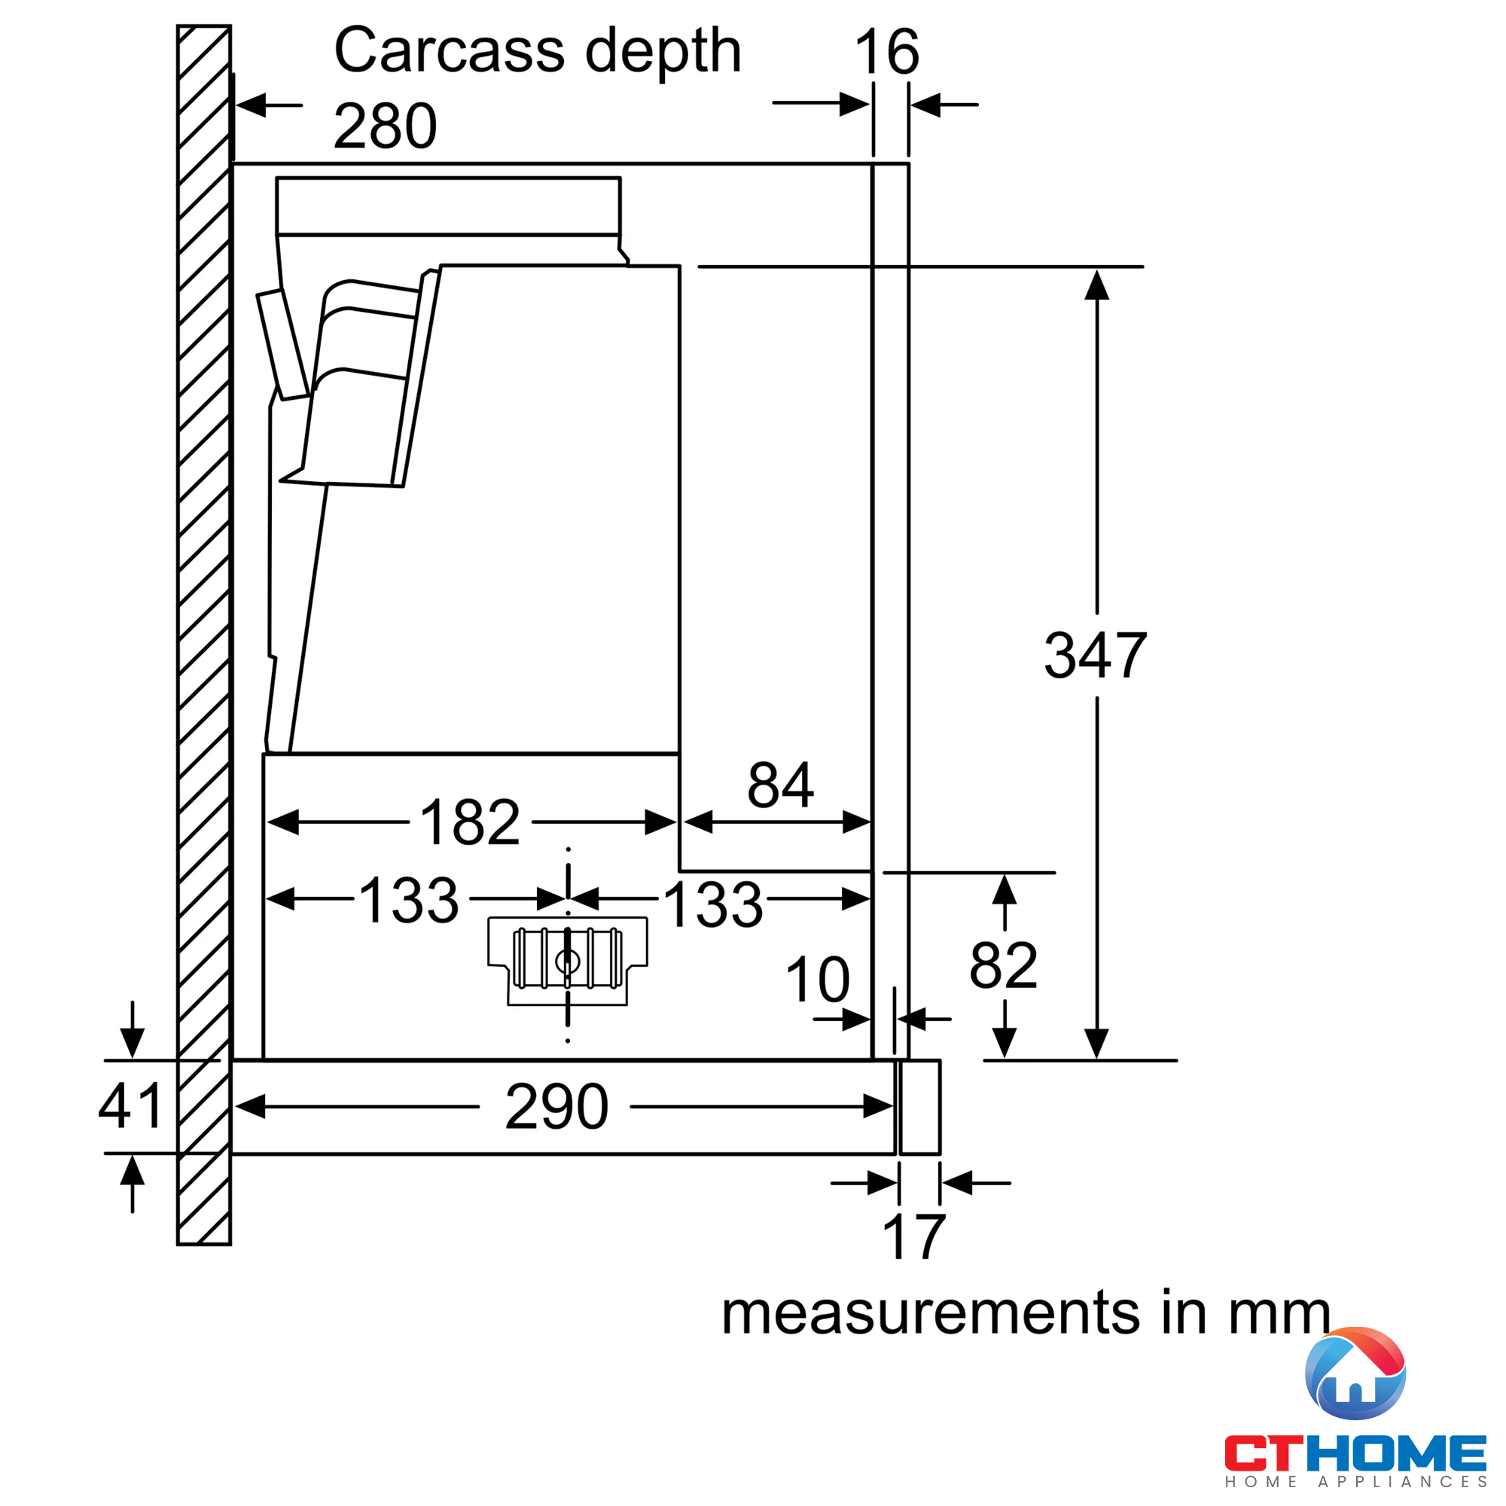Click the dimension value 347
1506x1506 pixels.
click(1095, 656)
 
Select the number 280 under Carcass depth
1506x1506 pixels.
click(385, 126)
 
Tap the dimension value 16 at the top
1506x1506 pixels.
click(887, 52)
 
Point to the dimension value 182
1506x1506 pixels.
click(470, 822)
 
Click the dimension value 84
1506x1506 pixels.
click(780, 785)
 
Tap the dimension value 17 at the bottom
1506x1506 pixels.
click(913, 1237)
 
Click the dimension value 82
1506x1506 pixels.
click(1003, 966)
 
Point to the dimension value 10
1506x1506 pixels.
click(818, 980)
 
